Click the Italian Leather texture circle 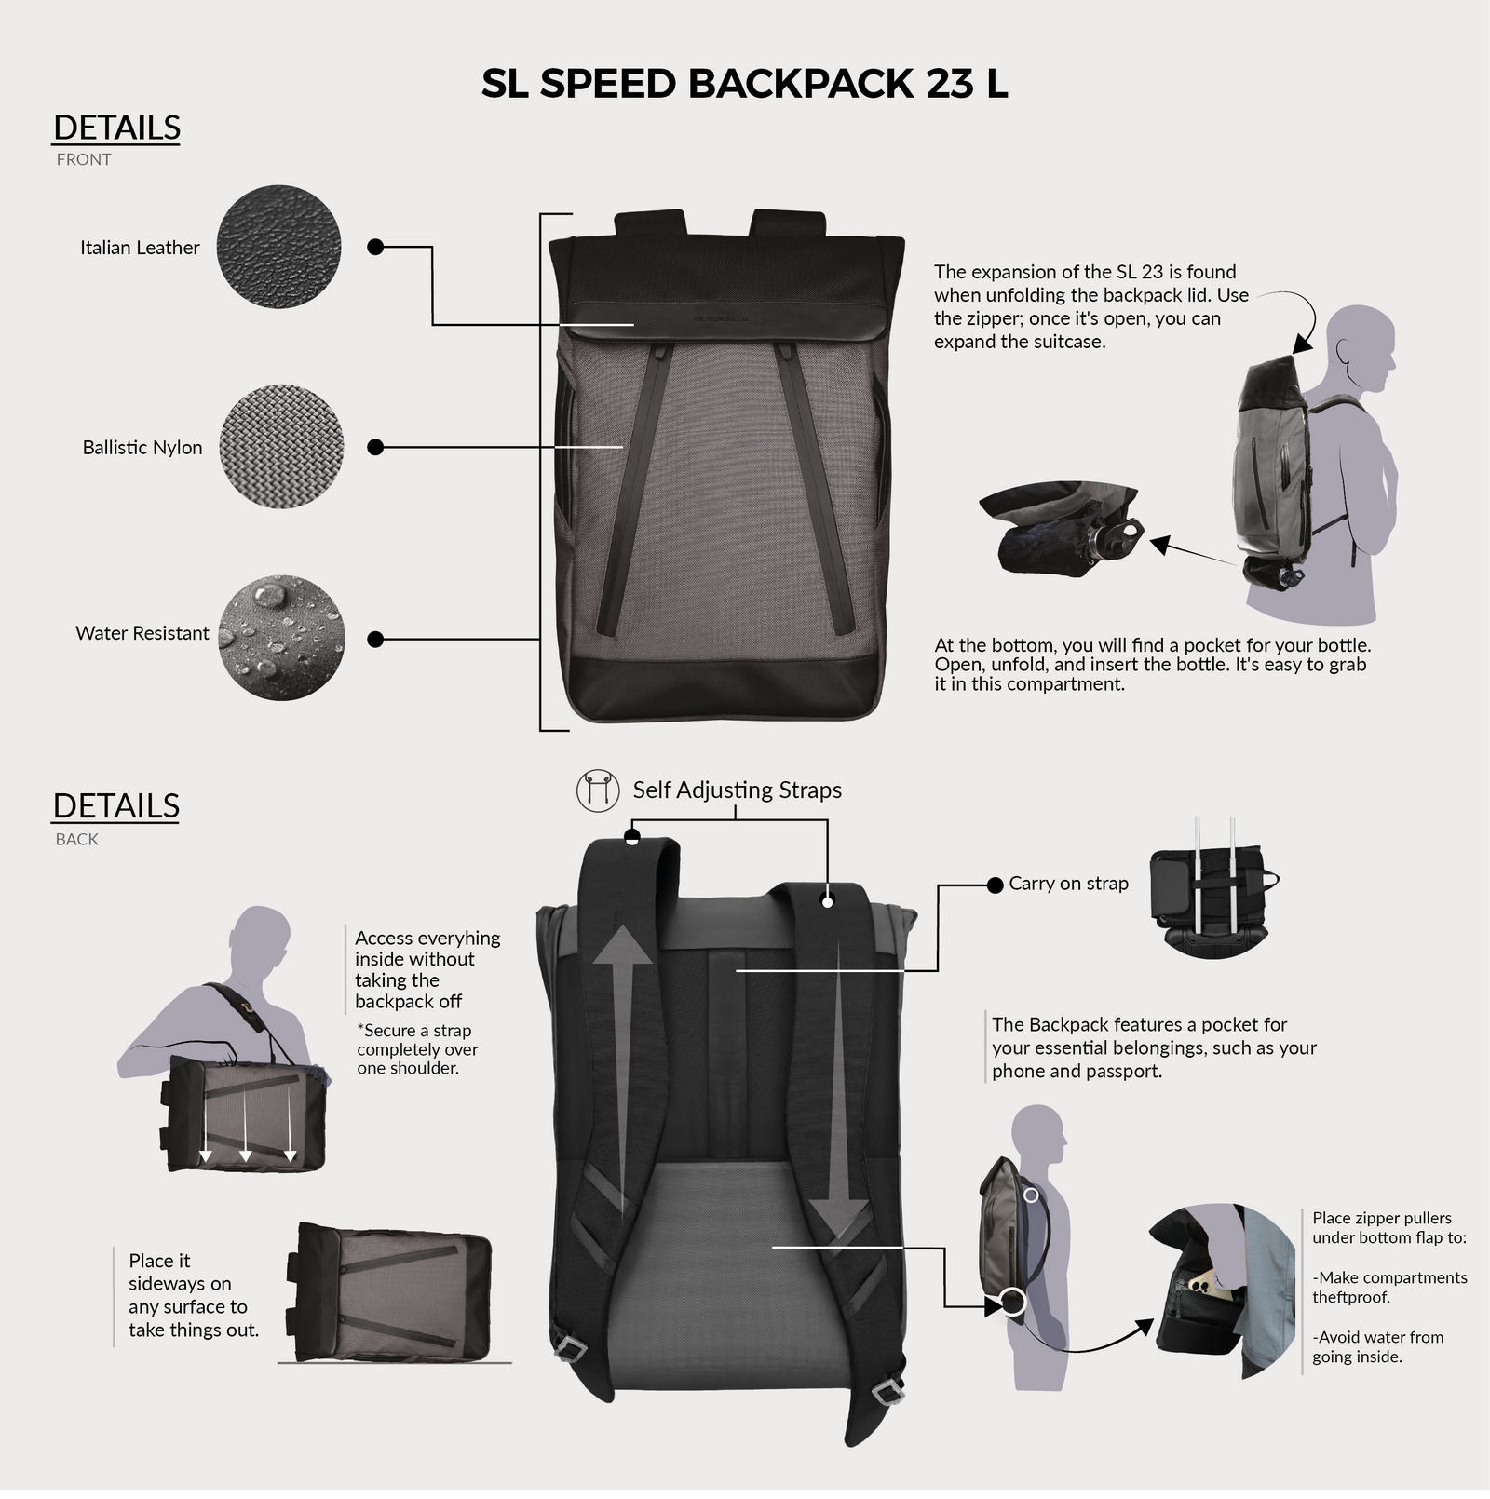click(278, 247)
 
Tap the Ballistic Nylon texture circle click(281, 447)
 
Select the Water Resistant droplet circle click(281, 638)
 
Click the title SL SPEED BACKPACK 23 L click(744, 84)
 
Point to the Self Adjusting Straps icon click(598, 791)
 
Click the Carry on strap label click(1068, 884)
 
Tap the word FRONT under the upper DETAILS click(84, 159)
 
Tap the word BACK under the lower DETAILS click(76, 839)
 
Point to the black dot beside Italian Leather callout click(375, 247)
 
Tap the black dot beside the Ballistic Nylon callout click(375, 447)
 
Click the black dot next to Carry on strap click(995, 885)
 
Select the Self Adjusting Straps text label click(737, 790)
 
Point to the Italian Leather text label click(140, 248)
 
